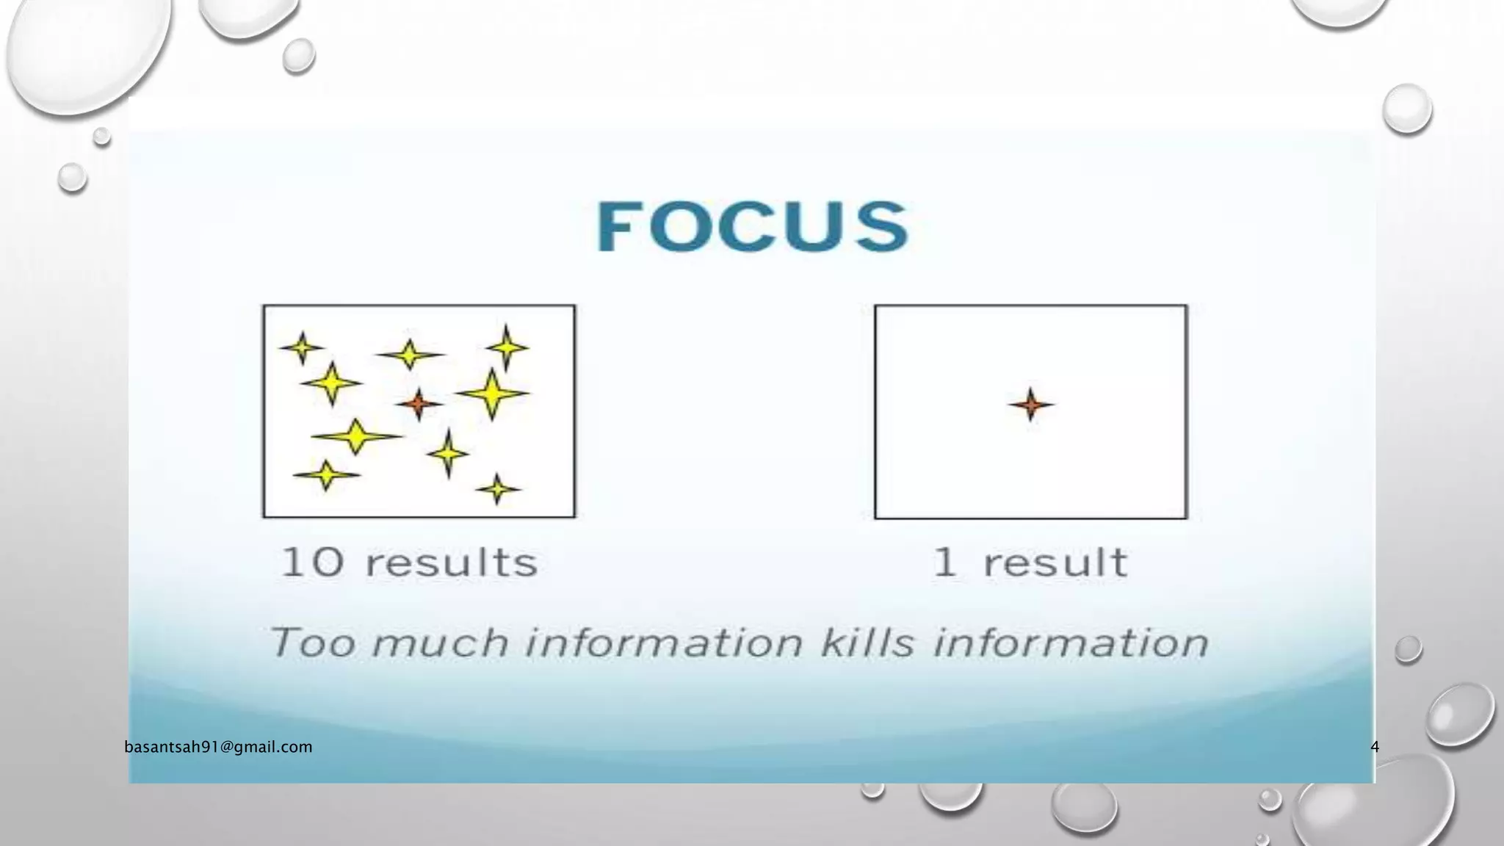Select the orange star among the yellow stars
coord(419,403)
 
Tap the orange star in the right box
coord(1030,404)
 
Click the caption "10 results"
coord(409,563)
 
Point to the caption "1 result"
coord(1029,563)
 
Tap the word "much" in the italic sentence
coord(440,643)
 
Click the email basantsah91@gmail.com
coord(218,747)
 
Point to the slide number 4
coord(1375,747)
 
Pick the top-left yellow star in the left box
coord(301,347)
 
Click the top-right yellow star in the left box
coord(507,347)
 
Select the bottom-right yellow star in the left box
coord(497,488)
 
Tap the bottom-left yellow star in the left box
coord(326,474)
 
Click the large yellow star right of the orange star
coord(492,394)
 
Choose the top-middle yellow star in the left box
coord(410,355)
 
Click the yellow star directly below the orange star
coord(448,453)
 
